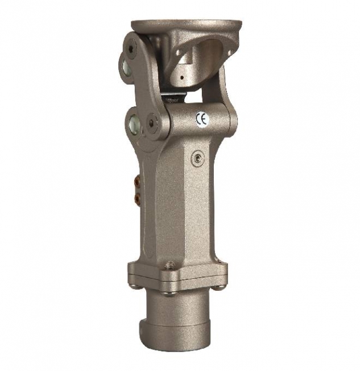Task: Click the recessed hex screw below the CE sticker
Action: (197, 158)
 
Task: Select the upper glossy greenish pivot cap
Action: (126, 67)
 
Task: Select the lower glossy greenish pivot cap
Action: (134, 122)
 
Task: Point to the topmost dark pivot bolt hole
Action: (131, 48)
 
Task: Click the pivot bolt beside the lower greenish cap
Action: (152, 122)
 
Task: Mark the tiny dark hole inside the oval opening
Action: (181, 77)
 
